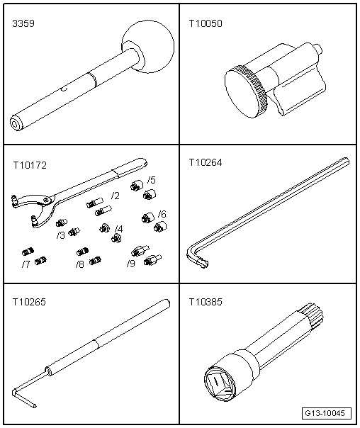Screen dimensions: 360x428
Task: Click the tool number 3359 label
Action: pyautogui.click(x=23, y=23)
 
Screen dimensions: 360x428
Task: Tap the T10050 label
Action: pyautogui.click(x=206, y=23)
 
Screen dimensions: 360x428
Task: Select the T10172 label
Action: pyautogui.click(x=30, y=165)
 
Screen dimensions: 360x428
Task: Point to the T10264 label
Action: pyautogui.click(x=206, y=163)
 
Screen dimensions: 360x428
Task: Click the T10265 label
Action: pyautogui.click(x=29, y=302)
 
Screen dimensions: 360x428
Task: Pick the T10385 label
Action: pyautogui.click(x=206, y=302)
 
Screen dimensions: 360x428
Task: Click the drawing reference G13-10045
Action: pyautogui.click(x=327, y=413)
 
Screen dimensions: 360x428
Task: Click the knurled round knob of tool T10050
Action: pyautogui.click(x=246, y=91)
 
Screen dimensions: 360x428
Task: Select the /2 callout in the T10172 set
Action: pyautogui.click(x=116, y=196)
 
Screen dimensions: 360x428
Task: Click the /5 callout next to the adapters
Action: pyautogui.click(x=151, y=180)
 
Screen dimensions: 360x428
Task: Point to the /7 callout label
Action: pyautogui.click(x=26, y=264)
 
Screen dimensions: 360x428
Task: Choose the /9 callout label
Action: pyautogui.click(x=130, y=264)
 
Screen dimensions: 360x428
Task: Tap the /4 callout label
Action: pyautogui.click(x=119, y=229)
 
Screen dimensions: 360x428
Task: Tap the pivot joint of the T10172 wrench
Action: pyautogui.click(x=47, y=200)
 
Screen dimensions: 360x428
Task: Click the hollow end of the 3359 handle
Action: pyautogui.click(x=16, y=123)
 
